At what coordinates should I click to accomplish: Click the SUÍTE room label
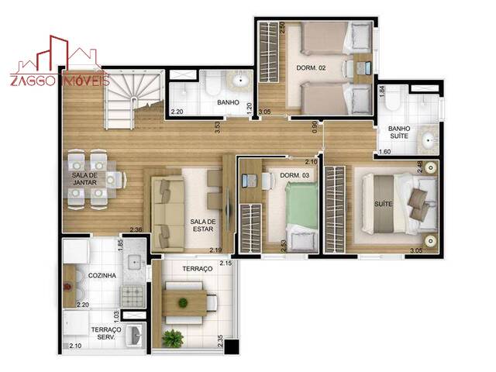(382, 204)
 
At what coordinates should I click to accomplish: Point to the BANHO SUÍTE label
(399, 133)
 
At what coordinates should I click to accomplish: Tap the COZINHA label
(102, 276)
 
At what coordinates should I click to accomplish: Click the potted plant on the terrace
(173, 338)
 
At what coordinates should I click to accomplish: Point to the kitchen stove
(131, 294)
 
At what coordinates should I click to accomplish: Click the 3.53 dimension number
(219, 126)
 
